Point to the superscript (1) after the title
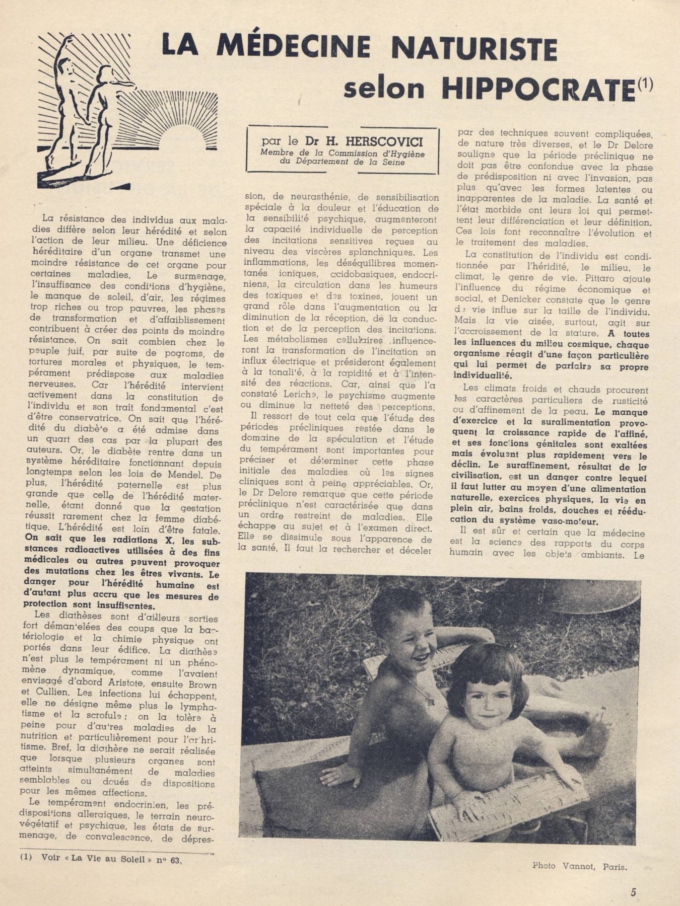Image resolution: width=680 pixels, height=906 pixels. coord(645,84)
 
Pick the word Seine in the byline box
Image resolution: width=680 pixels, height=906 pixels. coord(393,162)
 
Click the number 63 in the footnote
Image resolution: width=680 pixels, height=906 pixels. coord(175,859)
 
